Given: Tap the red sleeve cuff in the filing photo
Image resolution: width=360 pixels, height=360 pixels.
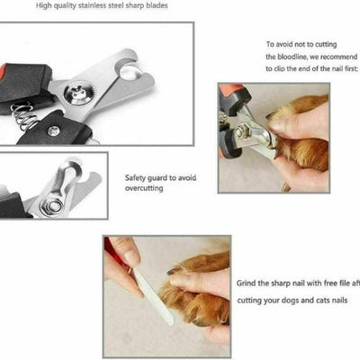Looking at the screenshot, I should coord(110,247).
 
